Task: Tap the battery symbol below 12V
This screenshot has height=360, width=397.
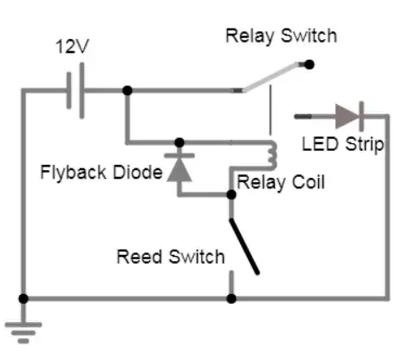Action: (x=75, y=90)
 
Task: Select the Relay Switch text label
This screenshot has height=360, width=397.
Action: (x=281, y=36)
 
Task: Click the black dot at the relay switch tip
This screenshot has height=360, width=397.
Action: (x=309, y=63)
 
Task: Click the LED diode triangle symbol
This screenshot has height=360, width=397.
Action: (x=348, y=115)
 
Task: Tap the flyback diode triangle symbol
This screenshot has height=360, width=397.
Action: (x=179, y=167)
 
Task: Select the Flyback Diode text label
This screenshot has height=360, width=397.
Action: (x=101, y=171)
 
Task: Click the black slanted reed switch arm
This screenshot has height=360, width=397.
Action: (x=244, y=245)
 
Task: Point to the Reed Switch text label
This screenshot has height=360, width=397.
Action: (x=171, y=257)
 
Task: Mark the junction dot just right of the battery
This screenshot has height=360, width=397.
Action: (x=127, y=90)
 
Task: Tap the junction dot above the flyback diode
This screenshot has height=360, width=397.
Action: (x=179, y=142)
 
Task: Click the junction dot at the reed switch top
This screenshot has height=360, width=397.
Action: (x=231, y=196)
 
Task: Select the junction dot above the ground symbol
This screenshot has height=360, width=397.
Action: (x=23, y=298)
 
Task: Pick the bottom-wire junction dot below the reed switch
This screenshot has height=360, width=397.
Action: (x=231, y=298)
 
